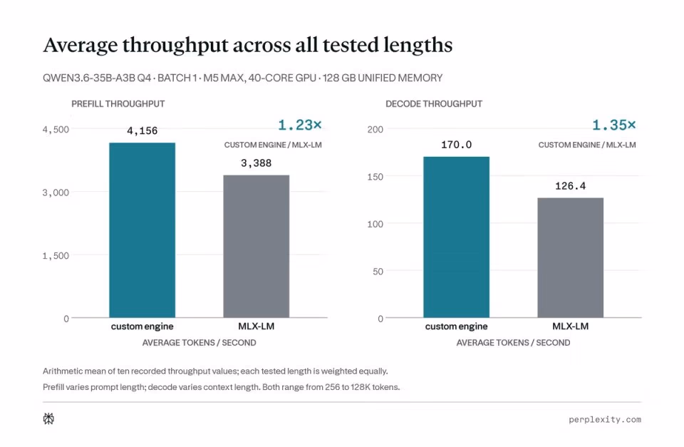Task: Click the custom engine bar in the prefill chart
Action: coord(142,230)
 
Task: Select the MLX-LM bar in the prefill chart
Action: coord(256,246)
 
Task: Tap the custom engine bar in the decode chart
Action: coord(456,237)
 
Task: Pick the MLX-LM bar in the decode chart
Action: coord(571,257)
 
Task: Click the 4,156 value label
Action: coord(142,131)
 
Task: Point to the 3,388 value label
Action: coord(256,163)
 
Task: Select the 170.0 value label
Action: coord(456,145)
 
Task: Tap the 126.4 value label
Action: coord(571,186)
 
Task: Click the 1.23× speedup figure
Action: coord(300,125)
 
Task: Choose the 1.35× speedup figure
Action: coord(613,125)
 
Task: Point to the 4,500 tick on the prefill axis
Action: coord(56,130)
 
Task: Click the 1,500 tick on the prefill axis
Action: coord(56,256)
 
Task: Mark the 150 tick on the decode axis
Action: coord(375,177)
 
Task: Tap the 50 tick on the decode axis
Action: coord(378,272)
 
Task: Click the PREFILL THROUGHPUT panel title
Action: coord(118,104)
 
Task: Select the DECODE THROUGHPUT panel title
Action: coord(434,104)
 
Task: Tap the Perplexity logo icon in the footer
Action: coord(48,419)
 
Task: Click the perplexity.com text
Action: coord(605,419)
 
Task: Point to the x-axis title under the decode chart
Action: coord(513,343)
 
